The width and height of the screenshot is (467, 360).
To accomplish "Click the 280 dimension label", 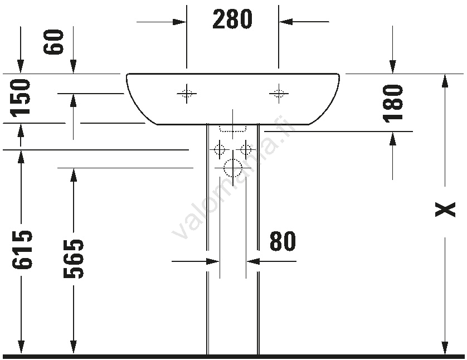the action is pyautogui.click(x=232, y=20).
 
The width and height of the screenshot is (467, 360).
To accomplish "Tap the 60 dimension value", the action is pyautogui.click(x=53, y=42).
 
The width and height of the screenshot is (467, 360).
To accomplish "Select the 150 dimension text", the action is pyautogui.click(x=20, y=98).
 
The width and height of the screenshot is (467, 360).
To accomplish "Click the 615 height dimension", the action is pyautogui.click(x=22, y=250).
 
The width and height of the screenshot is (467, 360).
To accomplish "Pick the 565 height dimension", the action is pyautogui.click(x=74, y=259).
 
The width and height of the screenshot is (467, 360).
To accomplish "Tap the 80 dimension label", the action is pyautogui.click(x=283, y=241).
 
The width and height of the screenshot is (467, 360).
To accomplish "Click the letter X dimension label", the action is pyautogui.click(x=445, y=210).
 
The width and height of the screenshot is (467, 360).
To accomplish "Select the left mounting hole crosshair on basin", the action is pyautogui.click(x=187, y=94).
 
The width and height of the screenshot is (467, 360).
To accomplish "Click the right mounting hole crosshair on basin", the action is pyautogui.click(x=279, y=94).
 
